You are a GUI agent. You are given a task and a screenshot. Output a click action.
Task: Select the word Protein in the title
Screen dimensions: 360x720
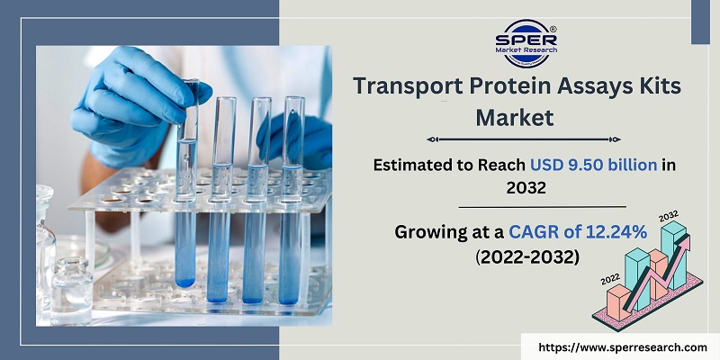pos(510,87)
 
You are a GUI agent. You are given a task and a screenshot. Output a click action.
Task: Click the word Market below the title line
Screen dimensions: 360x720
pos(514,117)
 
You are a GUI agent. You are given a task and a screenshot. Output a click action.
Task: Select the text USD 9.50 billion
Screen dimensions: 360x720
pos(581,165)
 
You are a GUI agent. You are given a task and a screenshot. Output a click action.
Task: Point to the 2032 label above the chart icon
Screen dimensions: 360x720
pos(669,216)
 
